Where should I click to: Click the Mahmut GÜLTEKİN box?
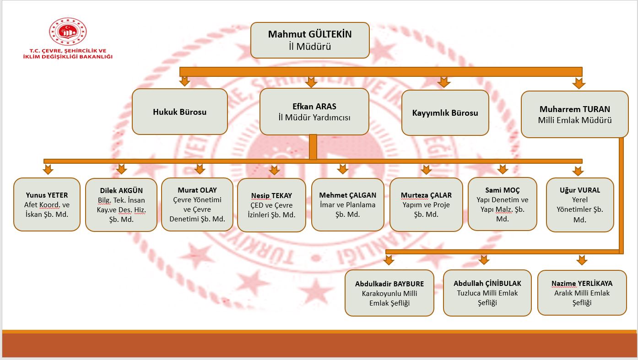(x=310, y=40)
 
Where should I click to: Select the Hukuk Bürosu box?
(x=180, y=112)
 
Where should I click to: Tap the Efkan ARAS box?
(x=314, y=112)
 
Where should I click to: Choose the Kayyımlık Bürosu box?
(x=445, y=113)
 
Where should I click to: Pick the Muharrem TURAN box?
(x=574, y=114)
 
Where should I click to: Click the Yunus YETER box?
(x=47, y=204)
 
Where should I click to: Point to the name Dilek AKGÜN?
(x=121, y=190)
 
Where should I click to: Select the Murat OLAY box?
(x=197, y=204)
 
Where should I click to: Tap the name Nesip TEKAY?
(x=271, y=195)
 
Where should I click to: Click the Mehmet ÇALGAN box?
(x=347, y=204)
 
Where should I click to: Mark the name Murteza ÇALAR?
(x=426, y=195)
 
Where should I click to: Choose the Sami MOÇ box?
(x=503, y=204)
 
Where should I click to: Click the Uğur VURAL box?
(x=580, y=205)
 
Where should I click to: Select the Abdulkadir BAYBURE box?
(x=389, y=293)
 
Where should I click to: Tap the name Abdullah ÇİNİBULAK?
(x=487, y=284)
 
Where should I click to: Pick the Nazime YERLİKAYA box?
(x=582, y=293)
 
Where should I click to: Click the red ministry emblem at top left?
(x=68, y=31)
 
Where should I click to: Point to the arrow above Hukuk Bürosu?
(x=184, y=81)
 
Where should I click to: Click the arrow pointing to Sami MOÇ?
(x=503, y=169)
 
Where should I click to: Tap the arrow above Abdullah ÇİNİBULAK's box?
(x=484, y=259)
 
